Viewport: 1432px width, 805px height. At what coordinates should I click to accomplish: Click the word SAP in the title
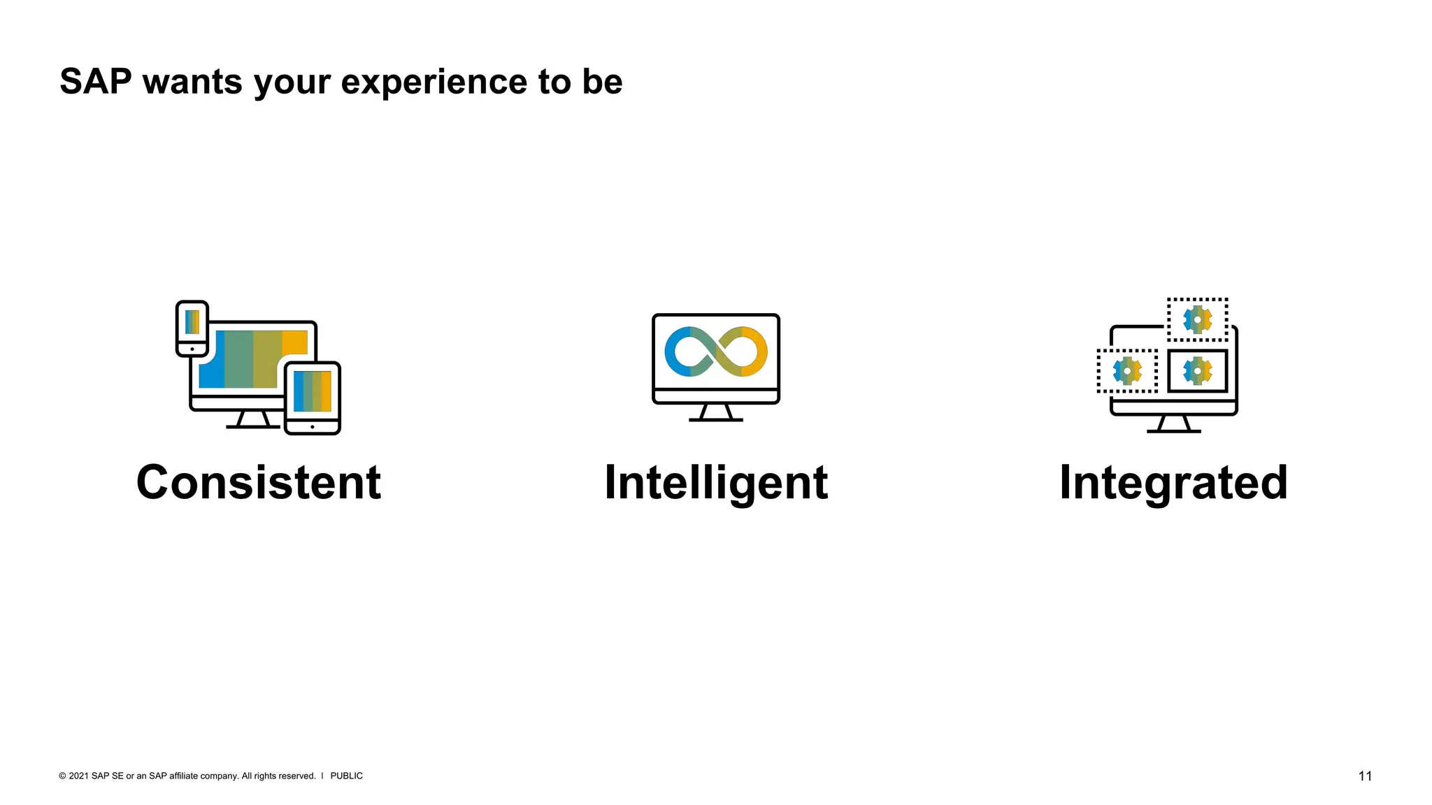pos(95,81)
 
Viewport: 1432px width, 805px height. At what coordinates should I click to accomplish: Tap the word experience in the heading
pos(434,82)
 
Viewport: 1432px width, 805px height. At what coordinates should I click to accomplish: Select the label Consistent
pos(259,482)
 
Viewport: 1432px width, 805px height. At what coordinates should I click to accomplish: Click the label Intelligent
pos(716,482)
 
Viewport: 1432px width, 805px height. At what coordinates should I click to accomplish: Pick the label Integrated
pos(1173,482)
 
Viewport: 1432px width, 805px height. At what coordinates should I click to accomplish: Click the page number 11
pos(1365,776)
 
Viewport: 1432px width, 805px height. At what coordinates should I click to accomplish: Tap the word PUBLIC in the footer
pos(346,776)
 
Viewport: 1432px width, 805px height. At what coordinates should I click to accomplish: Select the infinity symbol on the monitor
pos(716,351)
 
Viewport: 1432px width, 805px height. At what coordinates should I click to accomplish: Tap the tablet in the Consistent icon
pos(313,398)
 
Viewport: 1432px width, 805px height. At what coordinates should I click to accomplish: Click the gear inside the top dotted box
pos(1197,319)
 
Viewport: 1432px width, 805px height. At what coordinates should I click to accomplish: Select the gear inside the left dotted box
pos(1127,371)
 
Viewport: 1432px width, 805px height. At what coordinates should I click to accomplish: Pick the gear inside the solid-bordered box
pos(1197,371)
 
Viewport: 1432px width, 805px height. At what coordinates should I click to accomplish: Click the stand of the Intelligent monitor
pos(716,412)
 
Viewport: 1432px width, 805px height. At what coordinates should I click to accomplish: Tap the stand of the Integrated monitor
pos(1173,424)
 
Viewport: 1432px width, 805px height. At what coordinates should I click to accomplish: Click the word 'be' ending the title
pos(602,81)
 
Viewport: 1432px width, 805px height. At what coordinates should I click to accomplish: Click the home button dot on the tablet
pos(313,427)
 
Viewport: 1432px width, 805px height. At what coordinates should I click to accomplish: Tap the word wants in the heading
pos(192,82)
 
